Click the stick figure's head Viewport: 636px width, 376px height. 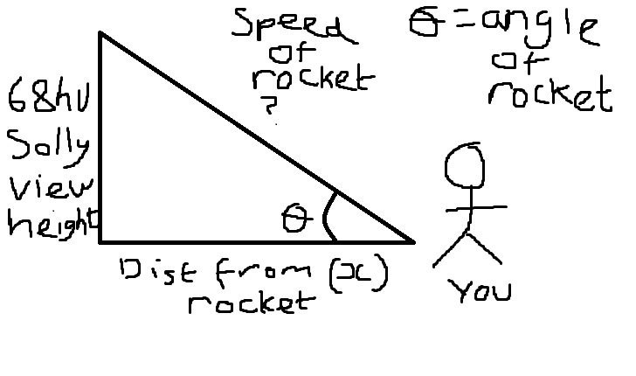click(465, 166)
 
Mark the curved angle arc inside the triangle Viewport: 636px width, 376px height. click(328, 213)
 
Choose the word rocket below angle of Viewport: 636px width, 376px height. click(550, 94)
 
